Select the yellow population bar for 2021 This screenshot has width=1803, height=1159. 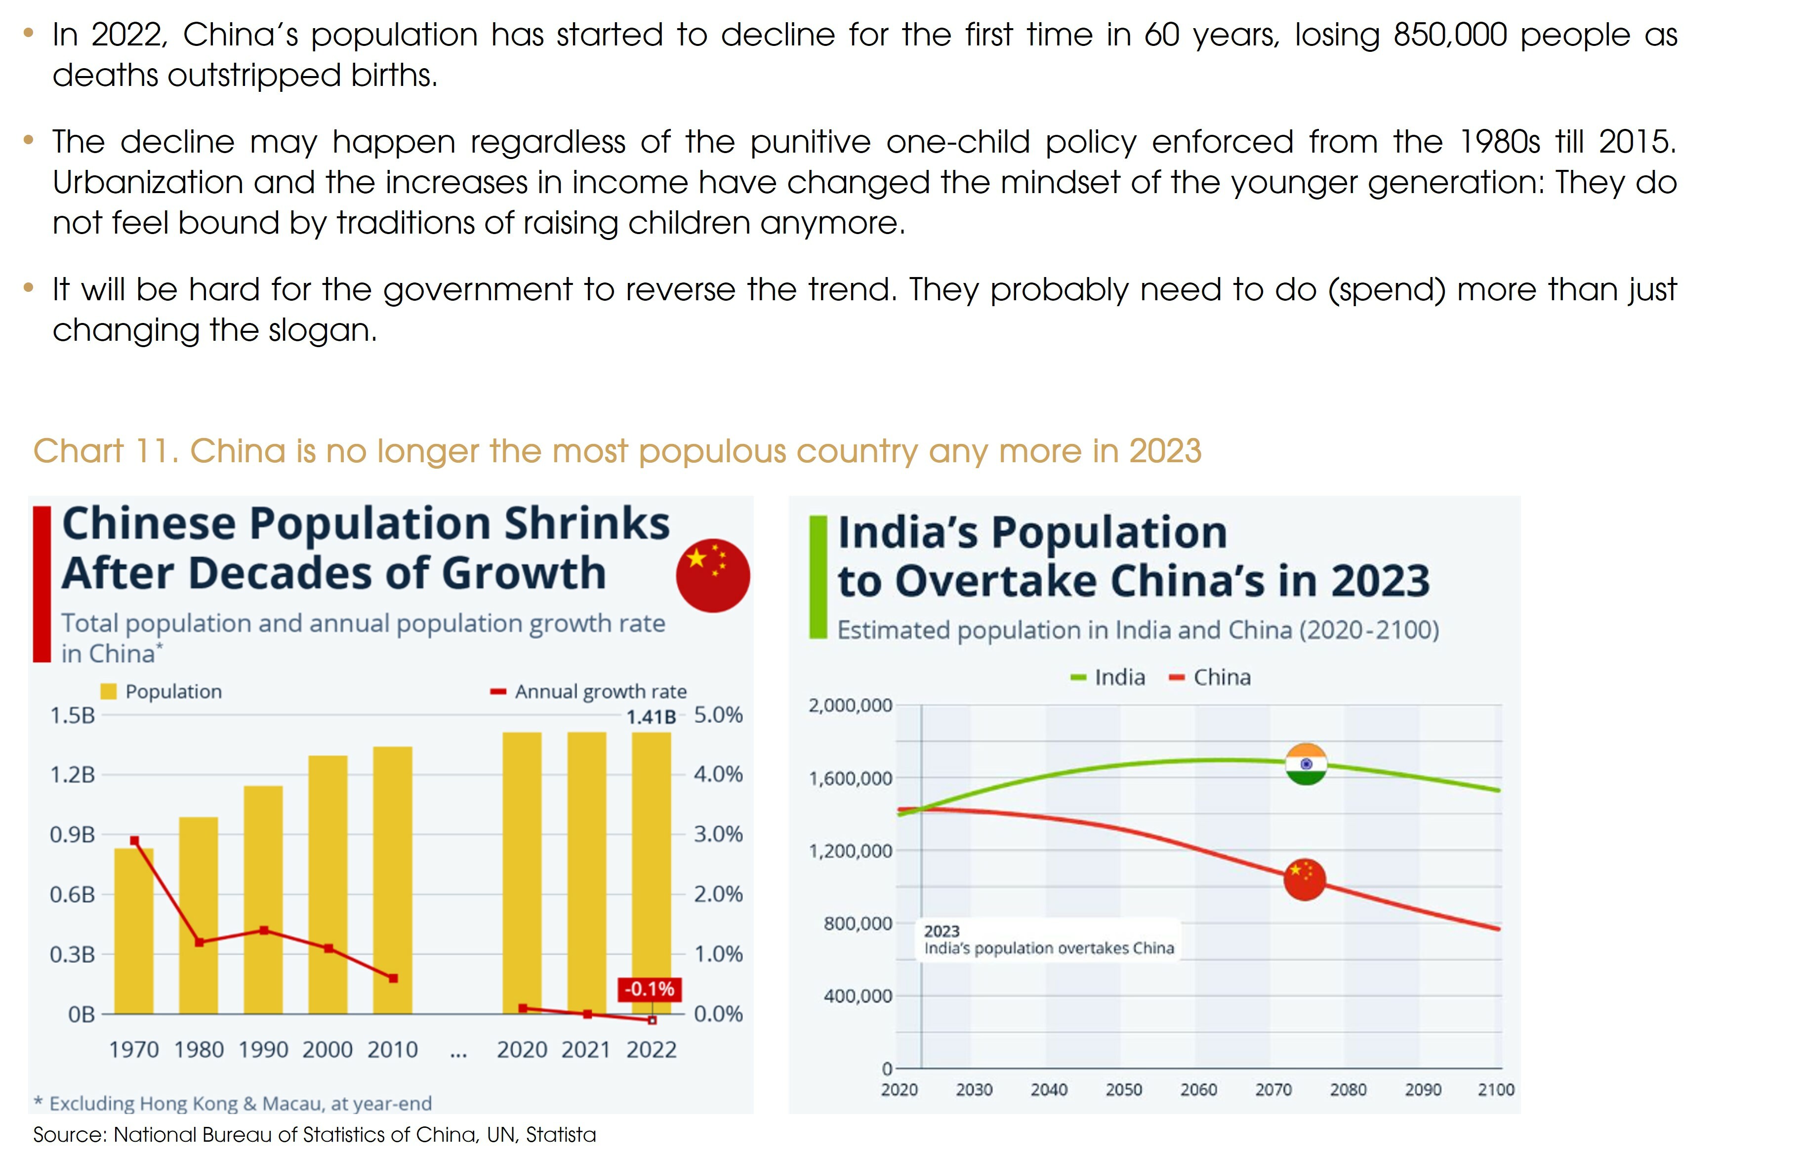(x=586, y=873)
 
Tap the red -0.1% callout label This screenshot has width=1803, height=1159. (x=649, y=989)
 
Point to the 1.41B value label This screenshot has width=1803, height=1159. (x=651, y=717)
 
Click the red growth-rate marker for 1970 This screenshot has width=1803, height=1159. (x=134, y=840)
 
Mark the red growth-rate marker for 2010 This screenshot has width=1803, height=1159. (x=393, y=978)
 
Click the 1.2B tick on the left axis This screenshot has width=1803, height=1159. (x=72, y=774)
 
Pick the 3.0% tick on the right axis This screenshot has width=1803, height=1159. (x=717, y=834)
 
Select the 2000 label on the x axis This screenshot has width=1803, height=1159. (x=328, y=1050)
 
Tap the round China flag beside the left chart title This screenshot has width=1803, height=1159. (x=712, y=575)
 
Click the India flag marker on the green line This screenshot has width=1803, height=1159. (x=1306, y=764)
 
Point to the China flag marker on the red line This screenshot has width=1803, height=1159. (x=1304, y=879)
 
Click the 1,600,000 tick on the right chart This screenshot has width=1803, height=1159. (x=850, y=778)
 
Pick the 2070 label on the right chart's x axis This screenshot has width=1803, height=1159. (x=1273, y=1090)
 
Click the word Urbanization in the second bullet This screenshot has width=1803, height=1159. (x=148, y=183)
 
